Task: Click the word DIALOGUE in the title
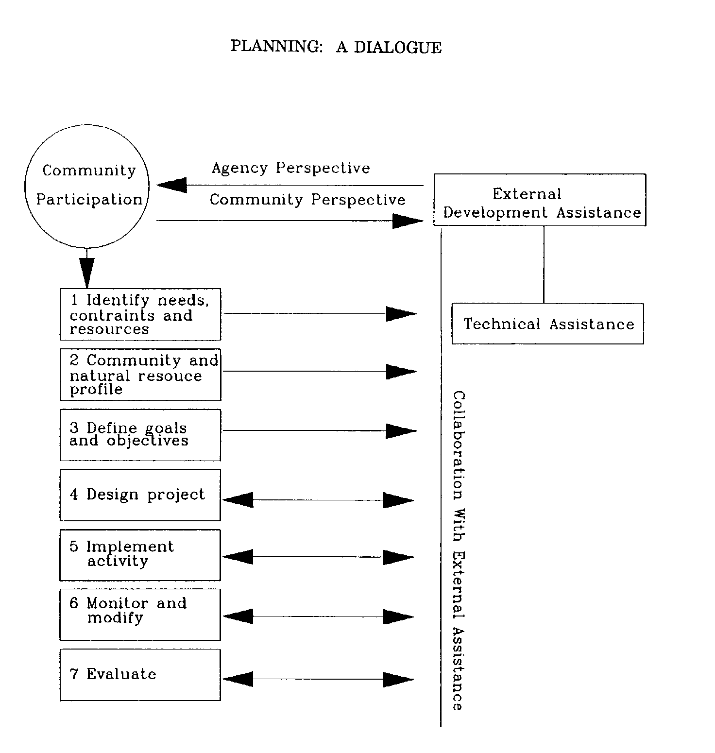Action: point(397,47)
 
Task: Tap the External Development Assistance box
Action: point(540,200)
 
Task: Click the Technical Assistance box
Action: point(547,324)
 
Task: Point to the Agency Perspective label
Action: point(290,168)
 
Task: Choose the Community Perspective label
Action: point(307,200)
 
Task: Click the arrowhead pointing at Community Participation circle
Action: point(172,185)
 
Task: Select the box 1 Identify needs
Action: point(140,314)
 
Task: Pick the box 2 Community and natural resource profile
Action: point(140,375)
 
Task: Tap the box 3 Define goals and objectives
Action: point(140,435)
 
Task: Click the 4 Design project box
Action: point(140,495)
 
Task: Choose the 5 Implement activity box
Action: point(140,555)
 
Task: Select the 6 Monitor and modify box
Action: point(140,615)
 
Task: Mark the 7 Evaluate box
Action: point(140,675)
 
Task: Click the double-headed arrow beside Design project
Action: point(318,500)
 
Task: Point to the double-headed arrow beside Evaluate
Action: point(318,679)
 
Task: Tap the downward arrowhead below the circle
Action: point(87,272)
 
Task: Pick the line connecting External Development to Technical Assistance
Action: point(544,265)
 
